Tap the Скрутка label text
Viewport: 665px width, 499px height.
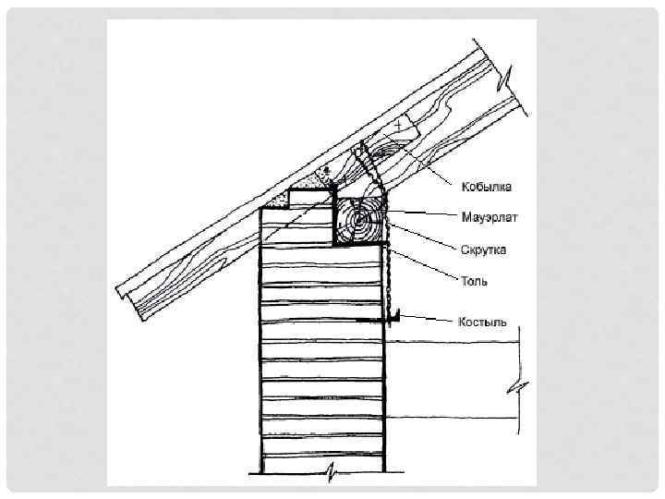[x=483, y=249]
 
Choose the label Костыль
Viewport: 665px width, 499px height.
[x=482, y=323]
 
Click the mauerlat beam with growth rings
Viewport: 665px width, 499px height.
[x=360, y=222]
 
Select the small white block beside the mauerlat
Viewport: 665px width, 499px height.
[x=309, y=196]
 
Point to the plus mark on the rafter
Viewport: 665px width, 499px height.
[x=398, y=123]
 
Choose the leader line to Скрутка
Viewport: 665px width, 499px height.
[x=425, y=235]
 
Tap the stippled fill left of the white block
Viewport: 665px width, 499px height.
[x=276, y=201]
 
